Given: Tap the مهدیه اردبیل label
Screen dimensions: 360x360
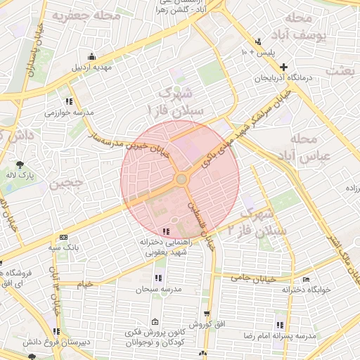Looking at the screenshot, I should (x=91, y=68).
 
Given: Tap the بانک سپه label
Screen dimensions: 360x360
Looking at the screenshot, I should (x=65, y=247).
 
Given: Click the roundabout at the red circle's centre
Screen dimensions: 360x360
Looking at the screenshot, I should (x=181, y=179).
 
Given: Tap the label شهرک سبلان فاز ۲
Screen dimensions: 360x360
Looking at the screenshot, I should (x=264, y=221).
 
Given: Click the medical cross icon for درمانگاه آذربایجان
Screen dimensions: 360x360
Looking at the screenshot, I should (x=283, y=67).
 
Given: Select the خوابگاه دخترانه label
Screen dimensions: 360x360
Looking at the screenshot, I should (x=306, y=289).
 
